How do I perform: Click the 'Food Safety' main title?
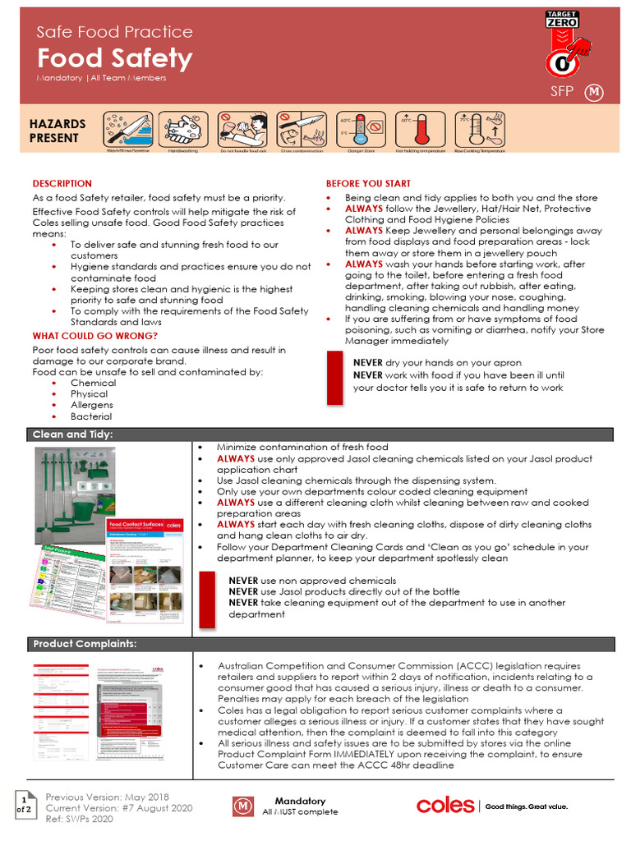tap(114, 58)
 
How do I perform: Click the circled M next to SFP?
tap(594, 93)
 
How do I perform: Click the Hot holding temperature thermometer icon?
tap(421, 130)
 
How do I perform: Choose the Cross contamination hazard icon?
tap(302, 130)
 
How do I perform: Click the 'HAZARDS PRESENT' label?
tap(58, 131)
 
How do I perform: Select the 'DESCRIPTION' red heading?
tap(62, 184)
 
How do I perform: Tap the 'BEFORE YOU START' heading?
tap(368, 184)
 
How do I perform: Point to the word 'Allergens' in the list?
tap(91, 405)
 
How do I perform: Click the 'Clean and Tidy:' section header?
tap(73, 434)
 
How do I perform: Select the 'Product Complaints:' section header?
tap(85, 642)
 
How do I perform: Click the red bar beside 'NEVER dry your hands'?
tap(334, 376)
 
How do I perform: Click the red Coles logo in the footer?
tap(444, 806)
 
